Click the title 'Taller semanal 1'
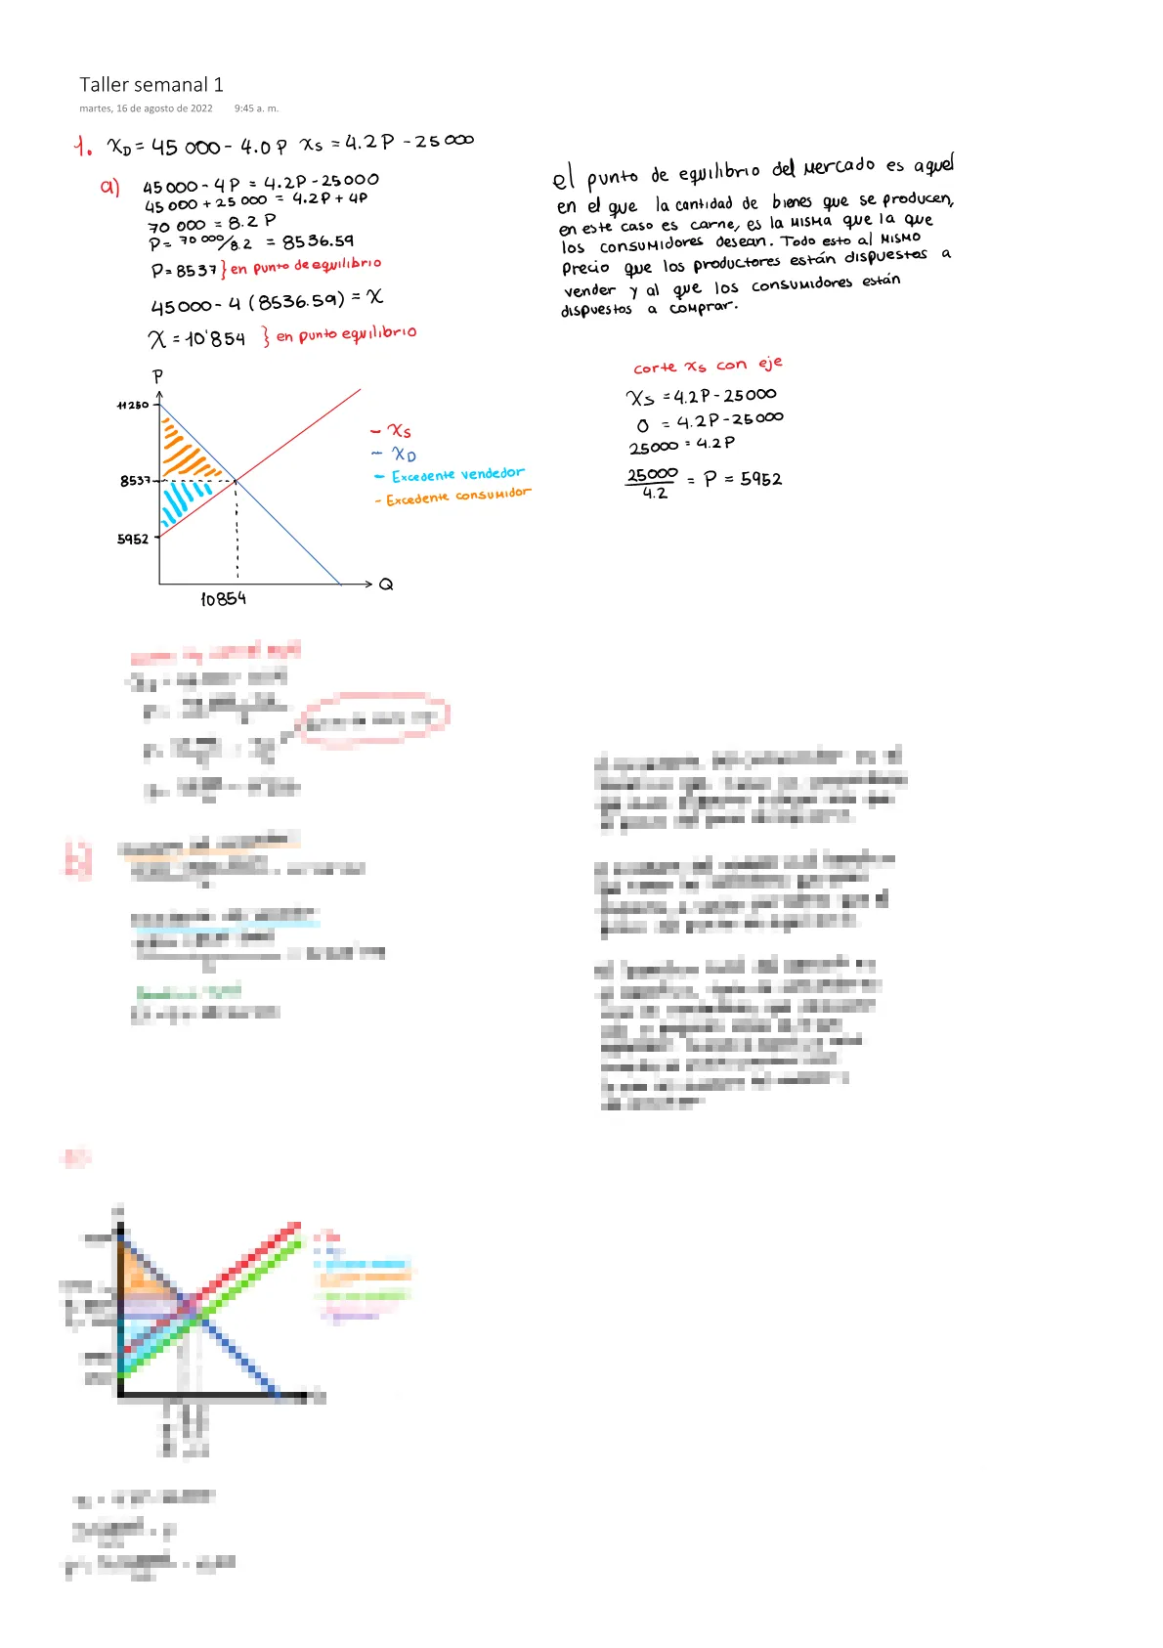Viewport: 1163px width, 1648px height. coord(151,85)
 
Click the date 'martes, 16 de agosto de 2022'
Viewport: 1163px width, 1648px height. coord(146,108)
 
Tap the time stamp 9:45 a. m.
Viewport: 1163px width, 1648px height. coord(256,108)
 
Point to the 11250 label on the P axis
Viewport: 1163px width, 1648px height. coord(133,405)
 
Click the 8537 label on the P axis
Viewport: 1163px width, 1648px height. coord(135,480)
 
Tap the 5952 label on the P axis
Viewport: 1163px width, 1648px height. coord(133,539)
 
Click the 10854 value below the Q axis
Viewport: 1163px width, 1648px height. coord(223,599)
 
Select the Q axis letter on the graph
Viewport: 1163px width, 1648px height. coord(386,585)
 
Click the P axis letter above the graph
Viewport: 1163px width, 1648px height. coord(157,376)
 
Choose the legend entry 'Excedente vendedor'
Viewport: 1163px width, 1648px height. coord(457,475)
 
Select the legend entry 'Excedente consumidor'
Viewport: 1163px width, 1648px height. coord(457,497)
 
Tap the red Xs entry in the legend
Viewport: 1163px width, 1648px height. coord(399,430)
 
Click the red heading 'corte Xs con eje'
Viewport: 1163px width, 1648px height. coord(708,366)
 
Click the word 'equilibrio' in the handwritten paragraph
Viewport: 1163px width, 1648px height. coord(718,172)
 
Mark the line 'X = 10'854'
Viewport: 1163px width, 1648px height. coord(196,339)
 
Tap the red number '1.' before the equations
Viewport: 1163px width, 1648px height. coord(83,147)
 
